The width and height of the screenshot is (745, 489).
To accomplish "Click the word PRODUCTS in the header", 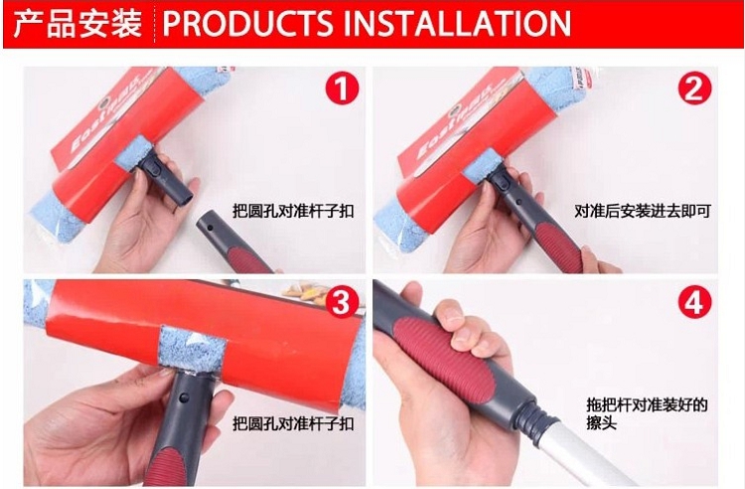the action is [x=247, y=23].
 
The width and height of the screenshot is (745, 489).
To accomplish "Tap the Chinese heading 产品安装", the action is [x=77, y=23].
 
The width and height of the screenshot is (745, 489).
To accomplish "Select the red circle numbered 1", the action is [x=343, y=88].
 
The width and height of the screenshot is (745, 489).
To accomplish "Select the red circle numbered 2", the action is [x=694, y=88].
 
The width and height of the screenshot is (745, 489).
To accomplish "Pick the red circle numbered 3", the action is [x=341, y=302].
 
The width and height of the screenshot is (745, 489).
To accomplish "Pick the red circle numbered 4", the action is [x=694, y=302].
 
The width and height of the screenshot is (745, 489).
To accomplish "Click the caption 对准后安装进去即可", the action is [x=643, y=211].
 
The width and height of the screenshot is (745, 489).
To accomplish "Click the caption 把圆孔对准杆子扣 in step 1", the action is [x=293, y=211].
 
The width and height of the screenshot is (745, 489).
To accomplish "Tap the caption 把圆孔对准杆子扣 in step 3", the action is [x=293, y=423].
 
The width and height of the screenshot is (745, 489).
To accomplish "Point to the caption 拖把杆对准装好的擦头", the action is [x=647, y=412].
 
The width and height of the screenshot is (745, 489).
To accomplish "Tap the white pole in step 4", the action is [x=589, y=456].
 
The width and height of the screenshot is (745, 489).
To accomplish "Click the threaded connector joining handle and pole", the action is [x=534, y=418].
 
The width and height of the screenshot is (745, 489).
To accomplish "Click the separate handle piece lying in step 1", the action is [x=232, y=242].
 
